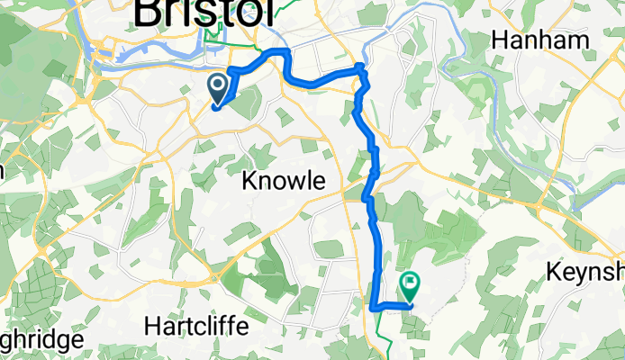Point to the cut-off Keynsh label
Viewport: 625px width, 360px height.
point(584,273)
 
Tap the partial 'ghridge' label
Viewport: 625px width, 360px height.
point(41,340)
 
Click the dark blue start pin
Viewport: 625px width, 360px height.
point(219,88)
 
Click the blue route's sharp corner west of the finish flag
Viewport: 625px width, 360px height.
point(374,307)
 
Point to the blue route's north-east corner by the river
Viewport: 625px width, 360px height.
point(362,67)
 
